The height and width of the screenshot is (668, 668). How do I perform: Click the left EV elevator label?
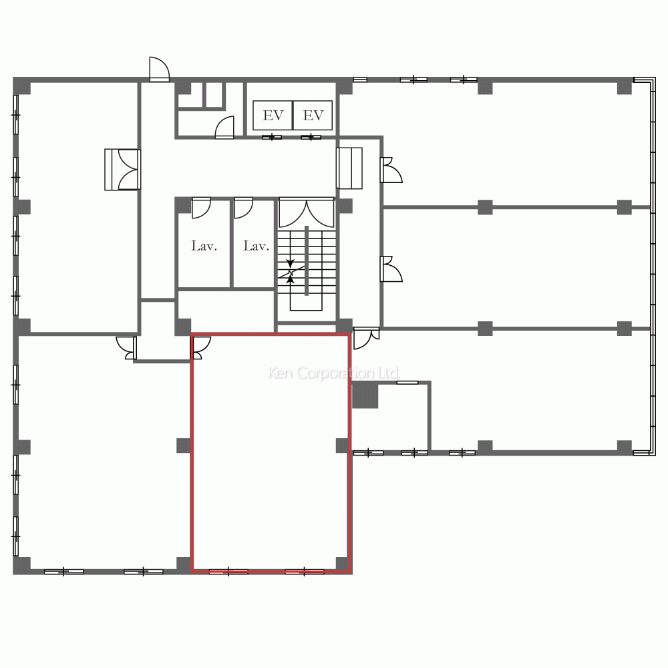coord(273,115)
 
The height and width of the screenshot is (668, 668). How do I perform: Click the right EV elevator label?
coord(313,115)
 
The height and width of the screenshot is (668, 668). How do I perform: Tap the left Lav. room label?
coord(204,246)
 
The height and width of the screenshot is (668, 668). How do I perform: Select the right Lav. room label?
coord(256,246)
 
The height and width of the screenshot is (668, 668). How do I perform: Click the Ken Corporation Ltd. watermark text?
coord(333,373)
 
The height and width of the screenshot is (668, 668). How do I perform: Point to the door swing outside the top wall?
coord(160,69)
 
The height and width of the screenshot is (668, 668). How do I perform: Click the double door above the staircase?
coord(307,213)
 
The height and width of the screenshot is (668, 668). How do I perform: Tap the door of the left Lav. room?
coord(201,208)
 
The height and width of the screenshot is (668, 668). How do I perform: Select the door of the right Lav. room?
coord(244,208)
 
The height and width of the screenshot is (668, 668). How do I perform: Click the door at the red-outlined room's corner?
coord(201,348)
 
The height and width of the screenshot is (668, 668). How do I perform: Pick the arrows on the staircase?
coord(291,271)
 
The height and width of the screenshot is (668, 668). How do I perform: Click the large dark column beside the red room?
coord(365,395)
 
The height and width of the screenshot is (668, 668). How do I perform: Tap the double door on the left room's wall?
coord(123,170)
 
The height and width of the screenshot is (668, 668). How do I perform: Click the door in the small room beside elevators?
coord(224,128)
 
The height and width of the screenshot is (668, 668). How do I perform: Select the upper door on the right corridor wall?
coord(391,170)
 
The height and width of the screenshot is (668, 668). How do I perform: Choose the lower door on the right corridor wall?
coord(391,269)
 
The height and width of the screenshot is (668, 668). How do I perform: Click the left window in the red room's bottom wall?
coord(228,572)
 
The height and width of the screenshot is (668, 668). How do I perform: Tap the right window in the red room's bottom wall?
coord(304,572)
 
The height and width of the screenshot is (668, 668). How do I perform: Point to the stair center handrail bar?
coord(307,261)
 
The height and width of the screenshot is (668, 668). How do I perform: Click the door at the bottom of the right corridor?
coord(366,338)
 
